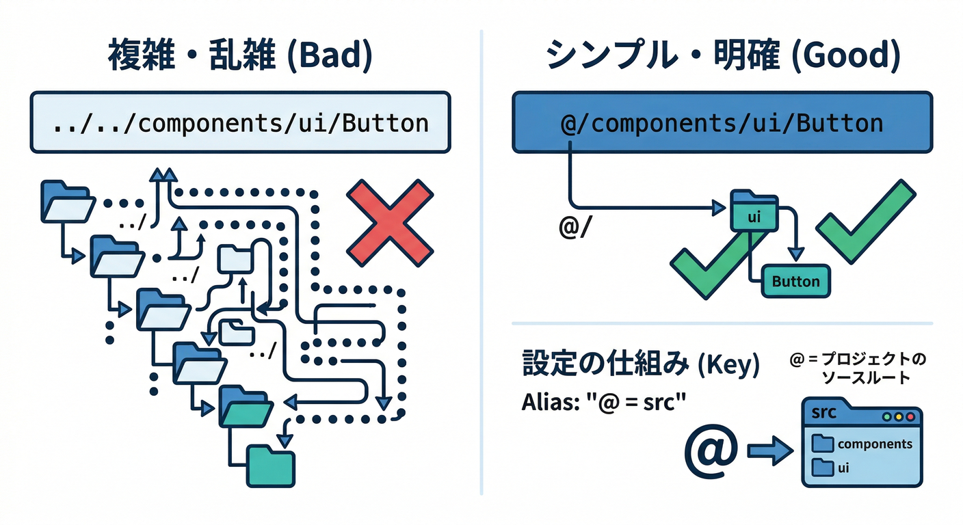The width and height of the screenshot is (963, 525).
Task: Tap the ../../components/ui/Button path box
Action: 240,123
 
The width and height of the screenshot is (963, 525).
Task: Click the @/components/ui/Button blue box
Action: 722,123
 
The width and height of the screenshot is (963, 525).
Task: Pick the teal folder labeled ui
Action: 754,212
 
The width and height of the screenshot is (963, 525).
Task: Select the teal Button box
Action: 795,281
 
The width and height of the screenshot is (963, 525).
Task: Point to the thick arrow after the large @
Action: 770,452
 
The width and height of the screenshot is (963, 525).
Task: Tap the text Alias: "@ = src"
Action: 604,401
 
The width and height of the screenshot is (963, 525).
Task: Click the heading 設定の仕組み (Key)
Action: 641,365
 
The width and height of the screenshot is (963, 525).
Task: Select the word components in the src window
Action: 875,444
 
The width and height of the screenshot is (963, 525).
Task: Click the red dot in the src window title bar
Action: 910,416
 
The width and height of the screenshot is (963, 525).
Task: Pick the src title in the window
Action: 823,414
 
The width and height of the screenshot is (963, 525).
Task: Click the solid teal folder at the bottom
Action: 270,466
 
